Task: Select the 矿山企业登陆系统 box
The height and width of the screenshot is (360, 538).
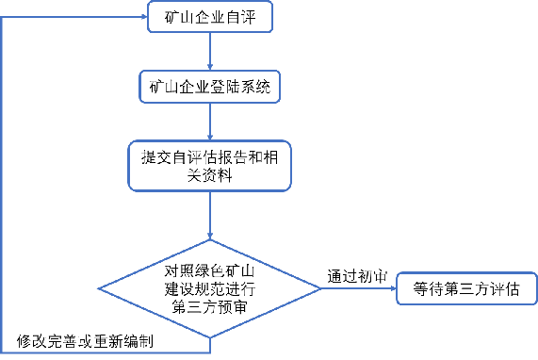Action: [209, 88]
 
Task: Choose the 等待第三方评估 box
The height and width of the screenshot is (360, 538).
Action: [466, 289]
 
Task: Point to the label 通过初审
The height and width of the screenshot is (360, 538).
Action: [356, 276]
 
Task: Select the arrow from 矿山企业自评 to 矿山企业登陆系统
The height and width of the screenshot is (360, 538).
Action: [209, 52]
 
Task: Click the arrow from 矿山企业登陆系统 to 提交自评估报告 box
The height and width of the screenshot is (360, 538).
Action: [209, 123]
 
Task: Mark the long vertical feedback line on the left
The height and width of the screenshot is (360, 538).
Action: [4, 188]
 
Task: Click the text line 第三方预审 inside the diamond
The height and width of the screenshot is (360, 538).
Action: [210, 305]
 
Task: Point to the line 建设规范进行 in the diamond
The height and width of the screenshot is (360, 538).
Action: [210, 287]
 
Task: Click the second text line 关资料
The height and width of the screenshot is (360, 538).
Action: [209, 173]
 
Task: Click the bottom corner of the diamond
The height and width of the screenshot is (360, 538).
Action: [210, 335]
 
